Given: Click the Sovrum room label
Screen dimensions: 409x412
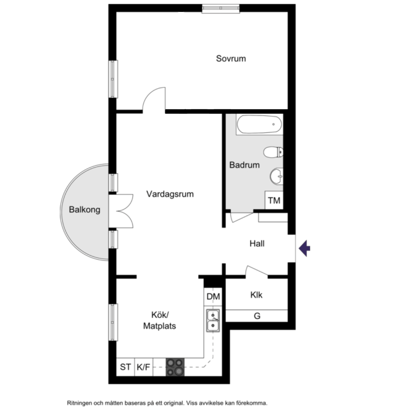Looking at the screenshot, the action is click(231, 58).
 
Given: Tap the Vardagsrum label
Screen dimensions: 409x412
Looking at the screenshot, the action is click(170, 194).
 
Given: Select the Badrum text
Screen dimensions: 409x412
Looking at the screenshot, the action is click(244, 165).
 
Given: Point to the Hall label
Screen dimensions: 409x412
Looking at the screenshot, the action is click(257, 243).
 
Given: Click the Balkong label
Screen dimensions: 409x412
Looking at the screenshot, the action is click(84, 209).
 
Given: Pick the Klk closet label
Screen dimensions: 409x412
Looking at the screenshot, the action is click(256, 295).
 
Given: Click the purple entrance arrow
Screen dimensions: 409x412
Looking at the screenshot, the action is click(304, 248).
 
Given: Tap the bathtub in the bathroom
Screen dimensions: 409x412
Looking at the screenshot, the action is click(259, 124).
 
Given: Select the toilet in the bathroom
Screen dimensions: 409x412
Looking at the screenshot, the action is click(273, 152).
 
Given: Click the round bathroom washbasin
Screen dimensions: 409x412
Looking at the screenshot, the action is click(277, 176).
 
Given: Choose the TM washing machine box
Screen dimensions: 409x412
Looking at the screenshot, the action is click(274, 200).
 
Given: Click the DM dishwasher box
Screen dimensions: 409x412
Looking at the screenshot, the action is click(213, 296).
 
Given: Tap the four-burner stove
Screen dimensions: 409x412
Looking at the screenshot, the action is click(175, 367).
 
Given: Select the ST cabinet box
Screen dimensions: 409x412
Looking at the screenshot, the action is click(126, 367).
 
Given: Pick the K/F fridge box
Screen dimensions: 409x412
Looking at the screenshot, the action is click(144, 367).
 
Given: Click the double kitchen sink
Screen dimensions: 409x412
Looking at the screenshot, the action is click(213, 321).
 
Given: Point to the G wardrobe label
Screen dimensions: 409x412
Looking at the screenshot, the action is click(257, 316).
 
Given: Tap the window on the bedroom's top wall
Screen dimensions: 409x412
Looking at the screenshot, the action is click(221, 8).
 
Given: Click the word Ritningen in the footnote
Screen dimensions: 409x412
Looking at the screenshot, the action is click(80, 403).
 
